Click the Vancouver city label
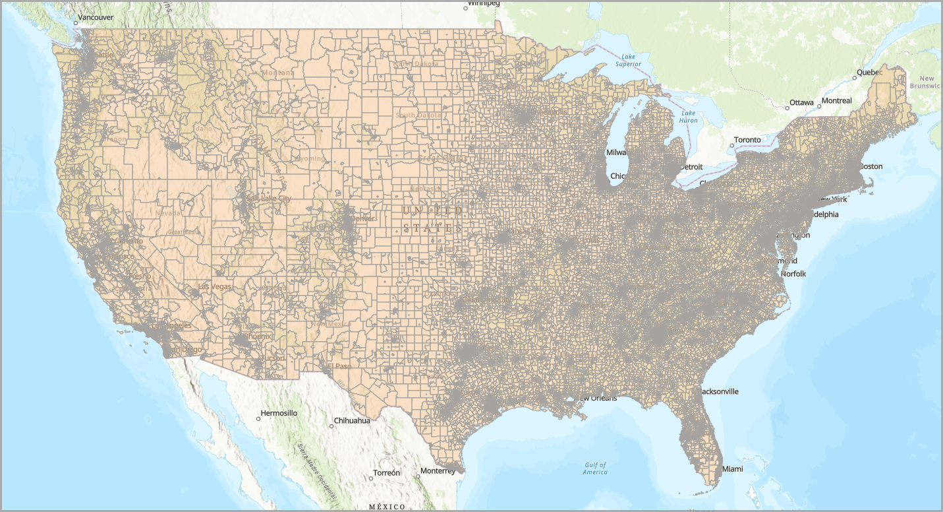pos(96,16)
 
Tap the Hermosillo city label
pos(279,413)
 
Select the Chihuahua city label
pos(353,420)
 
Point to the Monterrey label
pos(438,471)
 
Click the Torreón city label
pos(386,473)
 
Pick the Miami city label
pos(732,469)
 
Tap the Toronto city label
pos(747,140)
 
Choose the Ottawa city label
pos(801,102)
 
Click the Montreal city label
pos(838,101)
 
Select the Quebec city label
pos(869,73)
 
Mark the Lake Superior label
pos(628,61)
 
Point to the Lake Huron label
pos(688,117)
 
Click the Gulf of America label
pos(595,468)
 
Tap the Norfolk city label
pos(794,274)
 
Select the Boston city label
pos(871,166)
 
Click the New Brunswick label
pos(926,82)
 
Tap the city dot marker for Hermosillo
pos(258,419)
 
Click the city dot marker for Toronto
pos(731,145)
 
